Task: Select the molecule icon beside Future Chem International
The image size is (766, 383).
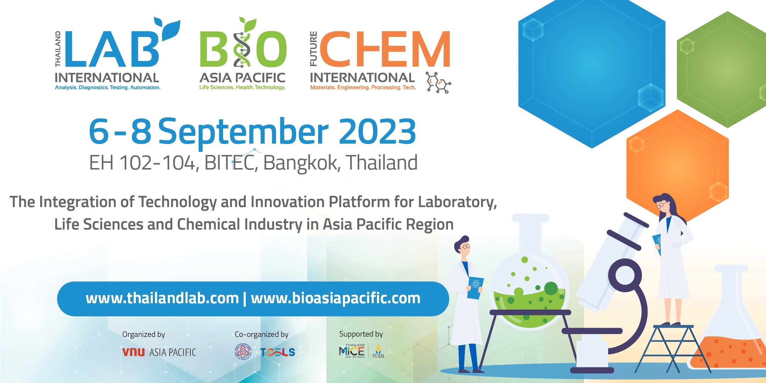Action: [x=438, y=83]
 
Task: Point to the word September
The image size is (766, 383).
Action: [x=243, y=132]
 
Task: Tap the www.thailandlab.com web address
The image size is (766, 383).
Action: [x=162, y=299]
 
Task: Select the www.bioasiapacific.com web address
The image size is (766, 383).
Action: [x=335, y=299]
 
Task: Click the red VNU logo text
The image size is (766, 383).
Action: [x=133, y=352]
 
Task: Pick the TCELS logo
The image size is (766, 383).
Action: [x=278, y=352]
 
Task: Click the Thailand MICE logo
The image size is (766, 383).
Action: [x=351, y=351]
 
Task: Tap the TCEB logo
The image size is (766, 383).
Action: [x=378, y=351]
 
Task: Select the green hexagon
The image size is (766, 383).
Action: [x=723, y=69]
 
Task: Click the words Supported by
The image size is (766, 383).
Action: [x=361, y=334]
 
